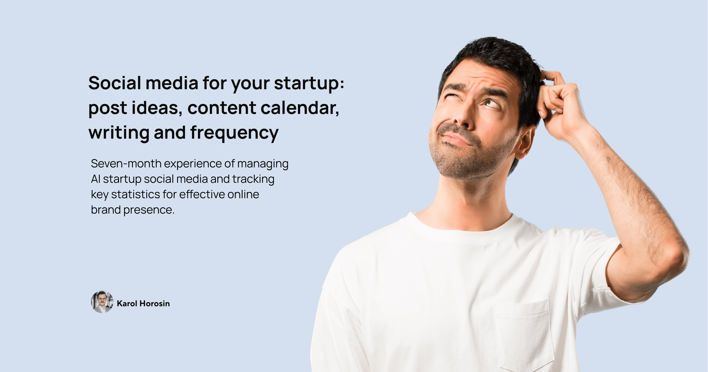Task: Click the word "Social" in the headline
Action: (115, 83)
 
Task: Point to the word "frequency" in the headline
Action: (234, 133)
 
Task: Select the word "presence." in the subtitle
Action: (149, 210)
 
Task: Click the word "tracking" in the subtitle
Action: (253, 179)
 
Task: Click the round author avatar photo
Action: (102, 302)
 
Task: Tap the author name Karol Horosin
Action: (143, 304)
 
